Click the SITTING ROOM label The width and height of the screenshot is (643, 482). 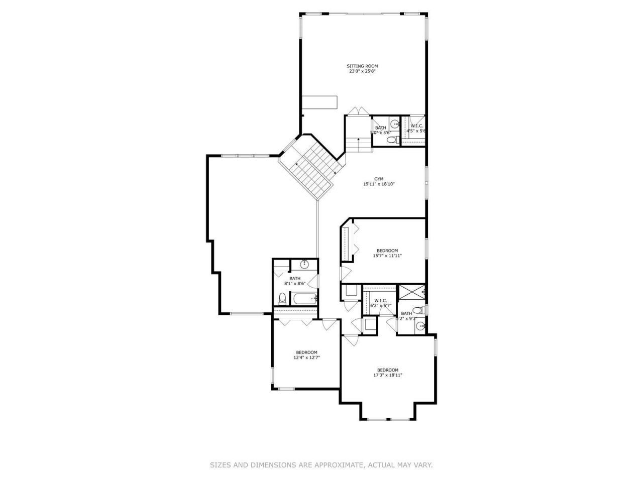[x=362, y=66]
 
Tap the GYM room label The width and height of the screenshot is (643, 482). [x=379, y=179]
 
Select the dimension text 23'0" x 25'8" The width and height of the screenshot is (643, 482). [x=362, y=71]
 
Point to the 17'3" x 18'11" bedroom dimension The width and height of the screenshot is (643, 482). [x=388, y=375]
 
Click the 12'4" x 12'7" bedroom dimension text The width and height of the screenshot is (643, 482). [x=306, y=357]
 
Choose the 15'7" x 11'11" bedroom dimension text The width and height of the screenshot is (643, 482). [x=387, y=256]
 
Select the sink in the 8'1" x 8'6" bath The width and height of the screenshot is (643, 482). [x=304, y=264]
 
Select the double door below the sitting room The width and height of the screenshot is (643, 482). [x=358, y=111]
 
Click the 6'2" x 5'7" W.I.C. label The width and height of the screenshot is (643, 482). [x=380, y=301]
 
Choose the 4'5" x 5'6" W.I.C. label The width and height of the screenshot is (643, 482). [x=416, y=126]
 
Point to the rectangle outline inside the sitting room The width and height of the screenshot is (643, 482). [x=319, y=102]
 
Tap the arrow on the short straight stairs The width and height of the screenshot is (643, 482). [x=358, y=139]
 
